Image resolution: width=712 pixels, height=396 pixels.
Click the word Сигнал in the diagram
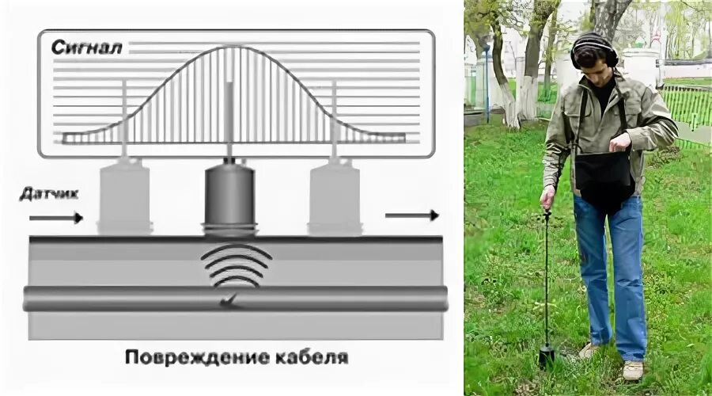pyautogui.click(x=87, y=48)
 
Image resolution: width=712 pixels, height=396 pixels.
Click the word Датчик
pyautogui.click(x=50, y=193)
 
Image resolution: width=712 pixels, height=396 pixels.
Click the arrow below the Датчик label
pyautogui.click(x=55, y=216)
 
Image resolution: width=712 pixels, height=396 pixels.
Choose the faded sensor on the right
pyautogui.click(x=335, y=198)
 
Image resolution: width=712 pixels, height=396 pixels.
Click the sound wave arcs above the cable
pyautogui.click(x=236, y=266)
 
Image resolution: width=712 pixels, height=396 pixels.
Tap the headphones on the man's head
pyautogui.click(x=595, y=48)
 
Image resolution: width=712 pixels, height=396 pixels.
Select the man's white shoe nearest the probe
pyautogui.click(x=588, y=349)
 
